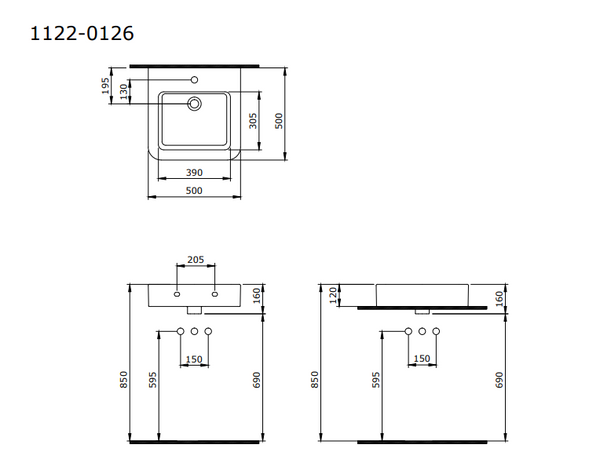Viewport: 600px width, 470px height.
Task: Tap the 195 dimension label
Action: [106, 88]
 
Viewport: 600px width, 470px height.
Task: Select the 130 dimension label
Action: [124, 92]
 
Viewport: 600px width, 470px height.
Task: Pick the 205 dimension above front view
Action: [196, 260]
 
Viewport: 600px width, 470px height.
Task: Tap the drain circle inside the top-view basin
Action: [195, 102]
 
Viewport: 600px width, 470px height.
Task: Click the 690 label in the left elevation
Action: [256, 381]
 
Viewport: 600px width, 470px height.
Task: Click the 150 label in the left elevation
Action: [195, 359]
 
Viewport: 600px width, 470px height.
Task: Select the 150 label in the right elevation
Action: [422, 359]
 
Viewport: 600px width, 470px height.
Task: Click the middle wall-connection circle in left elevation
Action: [195, 331]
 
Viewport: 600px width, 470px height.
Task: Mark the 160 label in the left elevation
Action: [256, 295]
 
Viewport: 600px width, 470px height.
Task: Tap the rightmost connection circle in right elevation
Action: [437, 331]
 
